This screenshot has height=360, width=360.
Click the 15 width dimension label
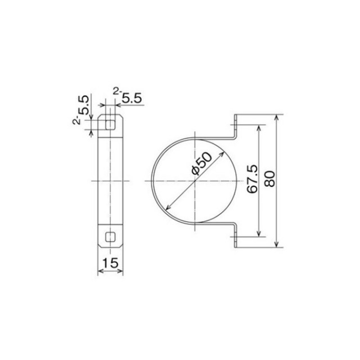tap(110, 263)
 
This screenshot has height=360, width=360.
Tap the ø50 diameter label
tap(201, 164)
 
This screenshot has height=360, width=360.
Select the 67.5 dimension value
tap(253, 179)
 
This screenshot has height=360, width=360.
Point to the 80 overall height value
tap(270, 179)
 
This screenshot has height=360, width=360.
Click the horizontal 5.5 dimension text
tap(132, 98)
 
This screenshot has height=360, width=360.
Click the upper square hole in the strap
tap(110, 125)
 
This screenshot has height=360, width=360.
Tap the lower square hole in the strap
tap(110, 237)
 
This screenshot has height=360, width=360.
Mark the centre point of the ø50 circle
tap(195, 181)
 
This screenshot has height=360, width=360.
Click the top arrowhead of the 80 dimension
tap(277, 117)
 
